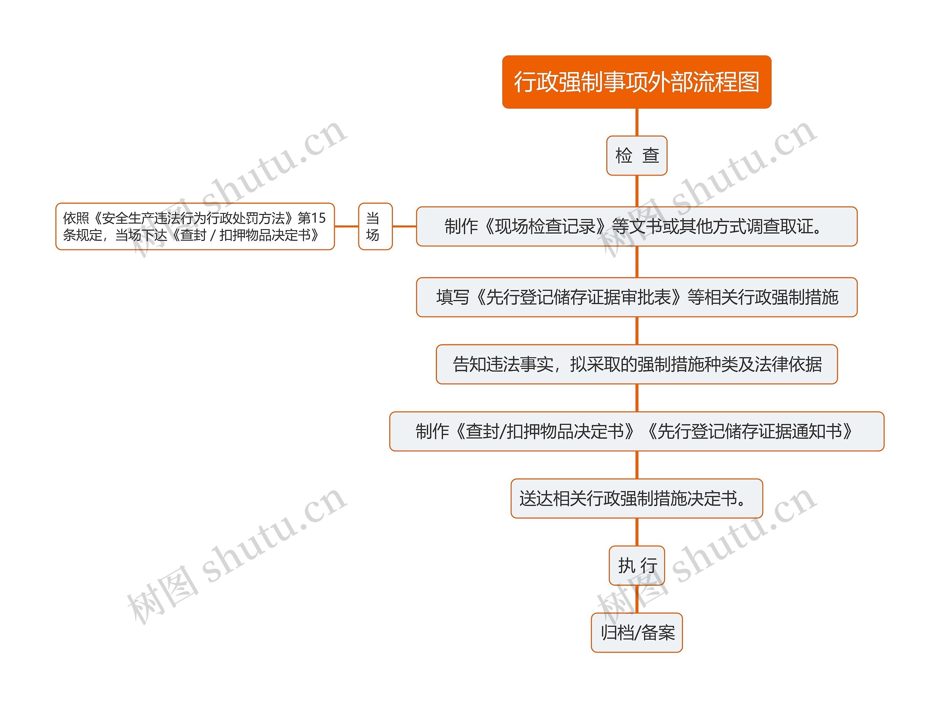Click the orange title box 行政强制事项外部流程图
pos(636,82)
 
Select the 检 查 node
pos(636,156)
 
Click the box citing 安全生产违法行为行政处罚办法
pos(195,227)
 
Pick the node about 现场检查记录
pos(636,227)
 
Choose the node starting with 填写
pos(636,297)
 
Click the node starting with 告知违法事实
pos(636,364)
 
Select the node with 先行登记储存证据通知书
pos(636,431)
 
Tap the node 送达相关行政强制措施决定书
pos(636,498)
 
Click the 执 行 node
pos(636,566)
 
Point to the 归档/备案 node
pos(636,633)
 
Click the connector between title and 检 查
pos(637,122)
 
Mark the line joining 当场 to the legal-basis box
pos(346,227)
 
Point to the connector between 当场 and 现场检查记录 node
pos(404,227)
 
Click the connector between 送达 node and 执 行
pos(637,532)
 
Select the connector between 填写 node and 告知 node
pos(637,330)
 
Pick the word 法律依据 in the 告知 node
pos(788,364)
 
